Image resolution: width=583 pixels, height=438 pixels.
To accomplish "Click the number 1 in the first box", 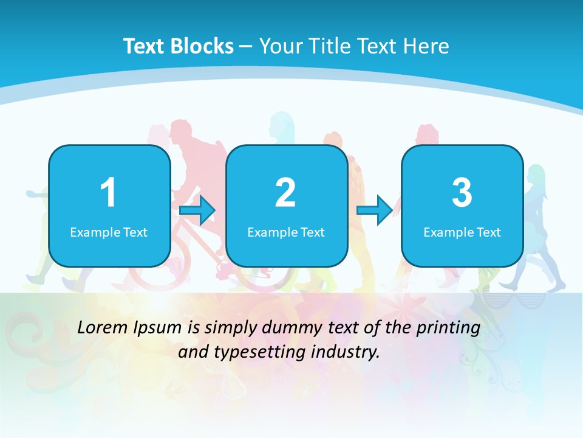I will click(x=108, y=193).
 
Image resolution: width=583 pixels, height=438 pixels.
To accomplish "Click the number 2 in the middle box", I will click(x=285, y=193).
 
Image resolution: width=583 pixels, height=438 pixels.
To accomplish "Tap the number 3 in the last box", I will click(x=462, y=193).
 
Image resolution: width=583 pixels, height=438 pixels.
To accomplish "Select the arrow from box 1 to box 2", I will click(x=198, y=210).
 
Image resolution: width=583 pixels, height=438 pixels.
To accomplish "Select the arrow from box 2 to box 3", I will click(x=375, y=210).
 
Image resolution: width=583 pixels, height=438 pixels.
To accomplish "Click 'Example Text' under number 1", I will click(x=109, y=232).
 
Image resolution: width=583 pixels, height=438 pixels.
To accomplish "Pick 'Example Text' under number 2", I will click(x=286, y=232).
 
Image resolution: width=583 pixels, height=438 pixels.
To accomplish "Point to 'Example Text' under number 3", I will click(x=462, y=232).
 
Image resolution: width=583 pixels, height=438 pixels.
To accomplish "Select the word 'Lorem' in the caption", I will click(x=103, y=328).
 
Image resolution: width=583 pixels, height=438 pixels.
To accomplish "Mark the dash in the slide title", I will click(x=246, y=46).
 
